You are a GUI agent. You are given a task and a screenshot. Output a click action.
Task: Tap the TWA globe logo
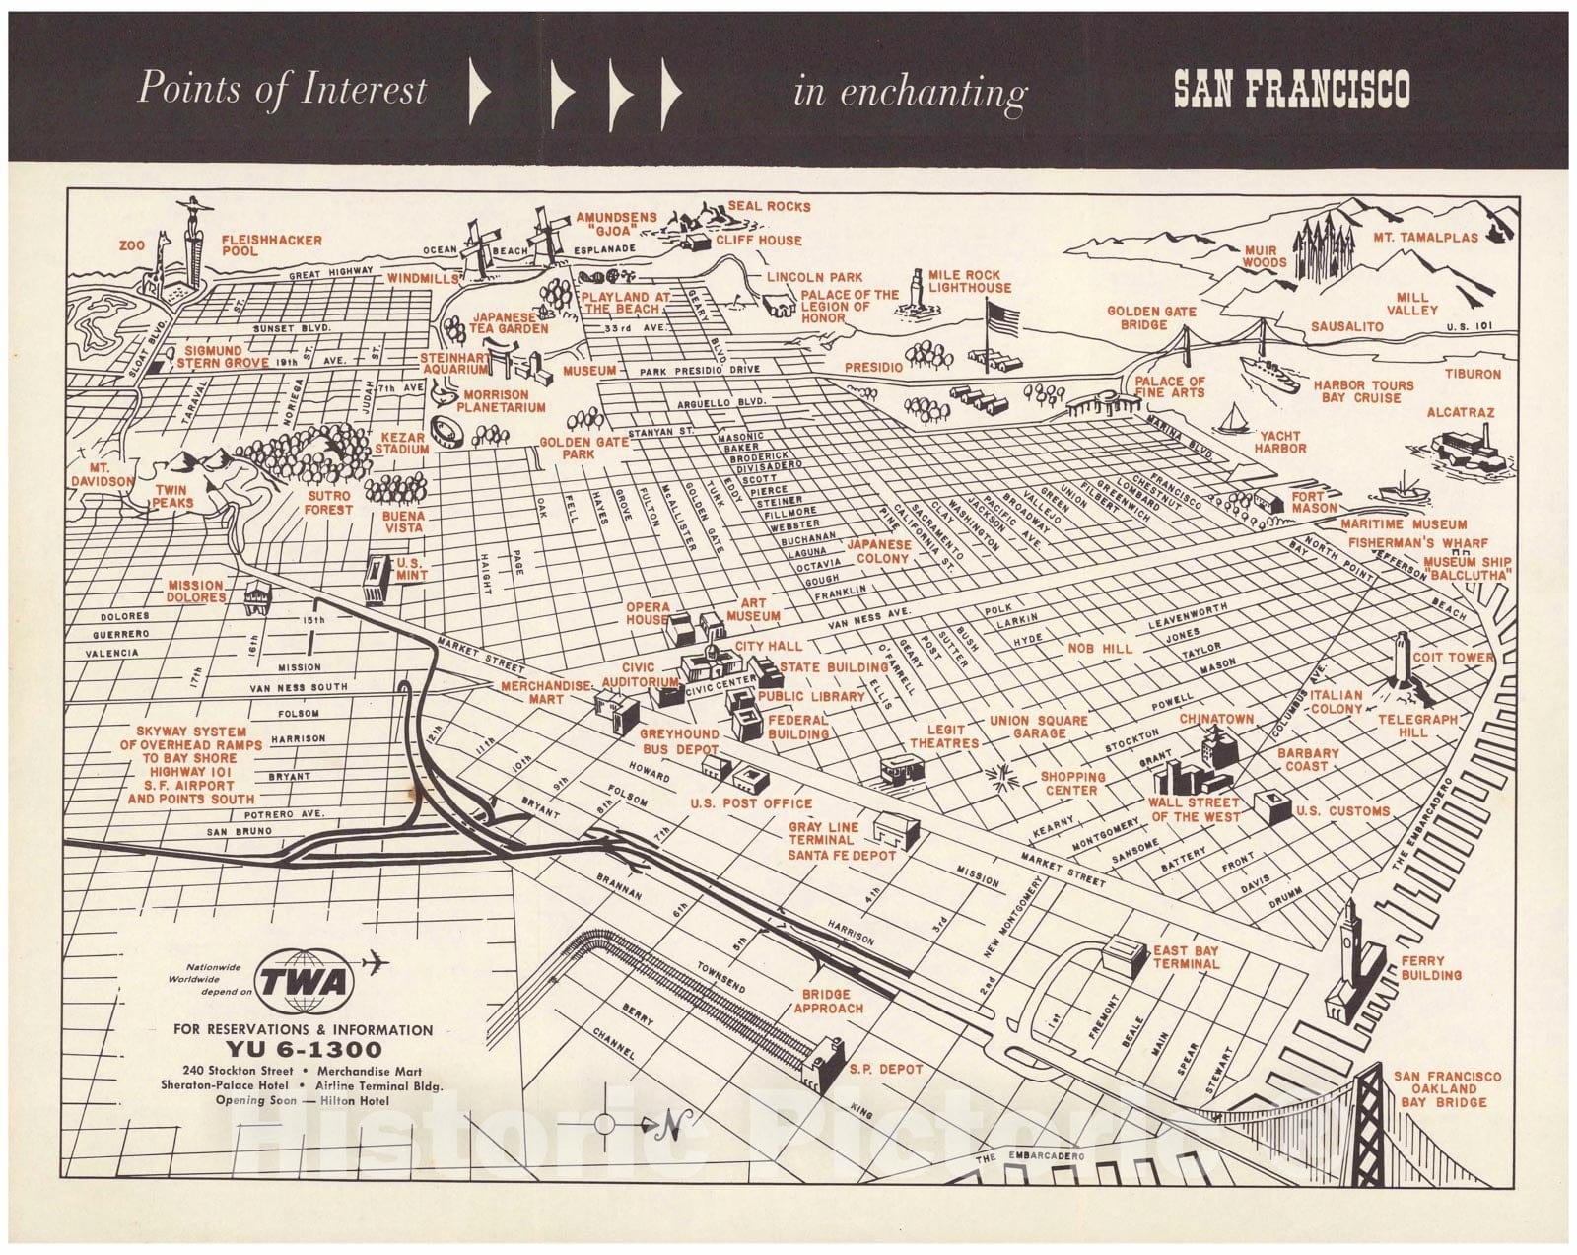(305, 982)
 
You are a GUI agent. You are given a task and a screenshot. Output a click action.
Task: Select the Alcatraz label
(1461, 413)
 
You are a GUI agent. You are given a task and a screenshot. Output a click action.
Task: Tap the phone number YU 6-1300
(303, 1048)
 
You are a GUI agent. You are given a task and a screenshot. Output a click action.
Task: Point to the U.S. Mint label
(408, 569)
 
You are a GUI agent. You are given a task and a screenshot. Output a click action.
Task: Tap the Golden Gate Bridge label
(1151, 316)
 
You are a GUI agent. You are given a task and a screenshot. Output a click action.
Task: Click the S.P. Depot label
(885, 1069)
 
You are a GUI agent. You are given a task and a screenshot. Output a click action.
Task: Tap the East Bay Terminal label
(1185, 957)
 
